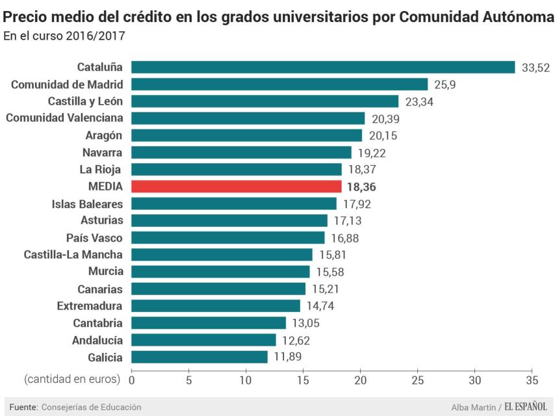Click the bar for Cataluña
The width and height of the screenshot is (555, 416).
[x=323, y=67]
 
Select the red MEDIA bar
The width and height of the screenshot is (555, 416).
[x=237, y=187]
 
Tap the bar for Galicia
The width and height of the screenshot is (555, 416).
[x=200, y=357]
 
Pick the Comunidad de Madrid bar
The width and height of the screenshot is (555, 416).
[x=279, y=84]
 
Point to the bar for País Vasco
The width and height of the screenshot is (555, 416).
[x=228, y=238]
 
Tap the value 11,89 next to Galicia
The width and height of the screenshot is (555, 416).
[x=287, y=357]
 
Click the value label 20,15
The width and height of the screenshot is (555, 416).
[x=382, y=136]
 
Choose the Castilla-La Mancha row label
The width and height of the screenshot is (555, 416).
[x=73, y=254]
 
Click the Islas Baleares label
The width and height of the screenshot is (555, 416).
[x=87, y=203]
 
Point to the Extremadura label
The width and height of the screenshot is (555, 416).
[x=90, y=305]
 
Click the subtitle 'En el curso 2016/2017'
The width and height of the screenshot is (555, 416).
[x=64, y=36]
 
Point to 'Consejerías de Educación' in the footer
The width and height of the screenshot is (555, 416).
[x=91, y=407]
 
